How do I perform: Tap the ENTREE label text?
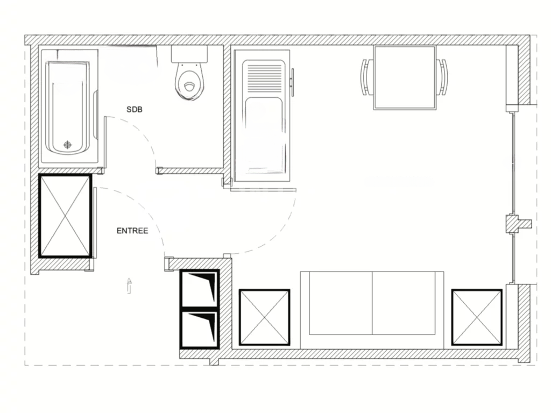(132, 231)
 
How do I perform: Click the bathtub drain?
(67, 144)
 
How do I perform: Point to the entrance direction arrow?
(129, 285)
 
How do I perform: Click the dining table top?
(405, 77)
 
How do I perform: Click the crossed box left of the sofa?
(264, 317)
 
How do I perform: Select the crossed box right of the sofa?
(477, 317)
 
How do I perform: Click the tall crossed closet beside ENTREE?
(65, 216)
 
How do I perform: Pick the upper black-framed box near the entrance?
(200, 289)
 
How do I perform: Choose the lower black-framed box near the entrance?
(200, 329)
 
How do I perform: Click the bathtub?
(68, 108)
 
